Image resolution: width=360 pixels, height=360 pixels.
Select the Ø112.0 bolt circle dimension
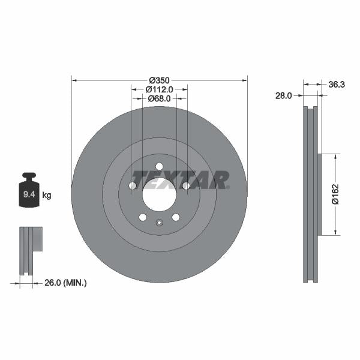(x=160, y=89)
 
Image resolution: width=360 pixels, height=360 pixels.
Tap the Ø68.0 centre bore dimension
(x=160, y=98)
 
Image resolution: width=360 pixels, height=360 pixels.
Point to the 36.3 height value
(x=336, y=85)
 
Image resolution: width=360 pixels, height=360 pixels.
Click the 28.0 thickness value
(x=284, y=95)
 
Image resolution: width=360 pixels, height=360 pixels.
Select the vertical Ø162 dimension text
(x=336, y=194)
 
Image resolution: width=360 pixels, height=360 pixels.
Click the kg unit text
(x=47, y=196)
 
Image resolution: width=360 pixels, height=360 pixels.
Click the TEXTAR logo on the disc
(x=180, y=180)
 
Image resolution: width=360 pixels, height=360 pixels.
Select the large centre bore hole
(x=159, y=194)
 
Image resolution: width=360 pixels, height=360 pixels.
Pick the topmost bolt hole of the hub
(x=159, y=166)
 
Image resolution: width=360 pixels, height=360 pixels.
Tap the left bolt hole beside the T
(x=133, y=186)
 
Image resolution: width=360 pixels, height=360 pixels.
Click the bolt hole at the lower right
(x=175, y=217)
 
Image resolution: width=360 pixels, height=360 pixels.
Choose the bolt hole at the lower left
(x=143, y=217)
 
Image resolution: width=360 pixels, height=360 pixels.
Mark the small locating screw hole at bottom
(x=159, y=224)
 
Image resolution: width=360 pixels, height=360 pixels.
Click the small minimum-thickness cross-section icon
(x=31, y=246)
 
